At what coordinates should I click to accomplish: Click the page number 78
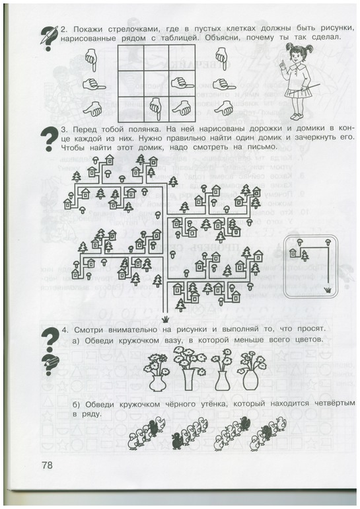[47, 465]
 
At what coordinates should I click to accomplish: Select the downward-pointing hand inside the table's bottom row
[155, 108]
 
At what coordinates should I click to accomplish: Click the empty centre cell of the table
[156, 84]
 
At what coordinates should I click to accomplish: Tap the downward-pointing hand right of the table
[221, 58]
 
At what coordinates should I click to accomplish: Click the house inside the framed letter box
[293, 253]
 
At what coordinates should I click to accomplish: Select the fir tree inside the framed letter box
[305, 255]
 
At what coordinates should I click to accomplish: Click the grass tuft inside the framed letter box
[329, 290]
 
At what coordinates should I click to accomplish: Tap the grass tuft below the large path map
[166, 319]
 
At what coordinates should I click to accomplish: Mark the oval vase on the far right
[250, 379]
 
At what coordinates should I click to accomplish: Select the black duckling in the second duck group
[178, 440]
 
